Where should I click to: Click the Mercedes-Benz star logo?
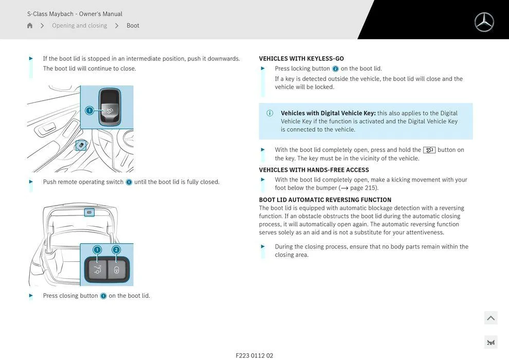(x=484, y=22)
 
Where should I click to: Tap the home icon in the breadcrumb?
(x=30, y=26)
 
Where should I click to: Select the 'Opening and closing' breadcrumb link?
(x=80, y=26)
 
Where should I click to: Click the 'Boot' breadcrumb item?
(x=133, y=26)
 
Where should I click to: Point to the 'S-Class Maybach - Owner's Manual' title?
(x=75, y=14)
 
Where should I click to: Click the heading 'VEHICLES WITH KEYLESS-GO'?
(x=301, y=59)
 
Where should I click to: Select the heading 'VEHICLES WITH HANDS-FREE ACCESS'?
(x=314, y=170)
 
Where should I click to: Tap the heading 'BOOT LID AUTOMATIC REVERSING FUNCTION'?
(x=325, y=200)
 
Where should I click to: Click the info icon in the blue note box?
(x=270, y=113)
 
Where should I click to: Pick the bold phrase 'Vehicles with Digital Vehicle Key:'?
(x=328, y=113)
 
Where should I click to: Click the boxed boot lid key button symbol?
(x=429, y=150)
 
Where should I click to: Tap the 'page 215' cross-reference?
(x=363, y=188)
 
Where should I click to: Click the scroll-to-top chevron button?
(x=490, y=318)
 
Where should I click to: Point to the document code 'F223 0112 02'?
(x=254, y=355)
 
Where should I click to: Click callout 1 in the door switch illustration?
(x=89, y=111)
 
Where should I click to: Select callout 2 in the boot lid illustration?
(x=116, y=250)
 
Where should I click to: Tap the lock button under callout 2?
(x=117, y=269)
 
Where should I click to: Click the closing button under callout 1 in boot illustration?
(x=97, y=269)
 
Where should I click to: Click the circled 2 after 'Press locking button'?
(x=335, y=69)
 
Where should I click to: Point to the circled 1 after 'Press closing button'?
(x=103, y=296)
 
